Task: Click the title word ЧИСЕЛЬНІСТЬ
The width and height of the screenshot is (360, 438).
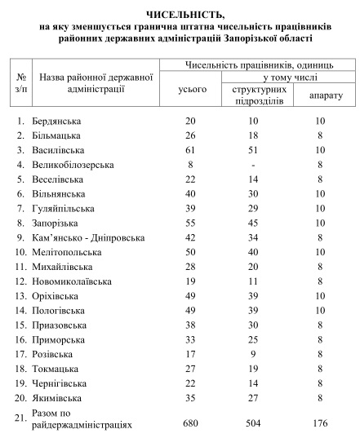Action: click(x=180, y=15)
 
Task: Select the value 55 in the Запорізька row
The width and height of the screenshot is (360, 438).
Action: click(x=192, y=223)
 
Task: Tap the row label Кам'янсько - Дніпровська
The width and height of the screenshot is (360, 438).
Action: click(x=91, y=237)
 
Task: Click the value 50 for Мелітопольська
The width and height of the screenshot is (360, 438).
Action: click(x=192, y=252)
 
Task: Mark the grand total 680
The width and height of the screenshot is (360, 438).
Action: click(x=192, y=423)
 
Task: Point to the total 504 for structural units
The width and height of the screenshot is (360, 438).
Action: click(x=256, y=423)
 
